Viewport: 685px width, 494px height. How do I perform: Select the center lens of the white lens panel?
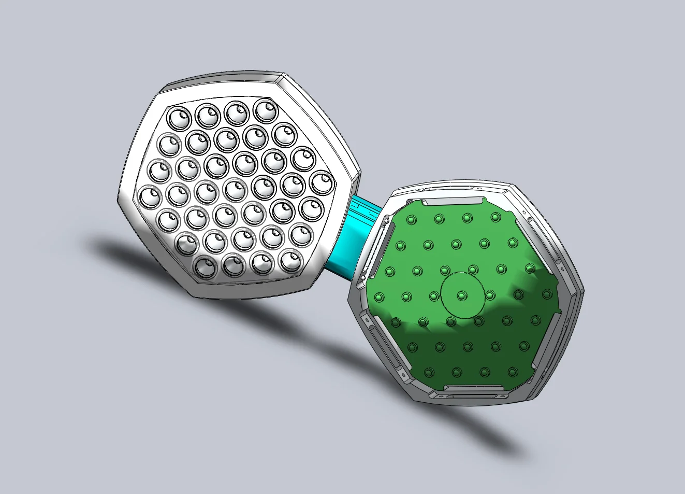(245, 164)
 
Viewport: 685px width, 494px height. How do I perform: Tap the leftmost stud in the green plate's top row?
(411, 220)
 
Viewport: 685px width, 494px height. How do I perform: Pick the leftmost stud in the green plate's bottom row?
(428, 372)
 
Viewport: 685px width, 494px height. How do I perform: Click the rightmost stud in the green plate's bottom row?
(513, 371)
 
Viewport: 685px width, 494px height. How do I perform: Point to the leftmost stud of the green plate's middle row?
(378, 298)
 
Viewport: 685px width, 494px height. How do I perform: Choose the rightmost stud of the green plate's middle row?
(546, 294)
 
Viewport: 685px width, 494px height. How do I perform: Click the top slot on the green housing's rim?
(453, 201)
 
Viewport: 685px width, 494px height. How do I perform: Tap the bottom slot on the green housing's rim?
(473, 388)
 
